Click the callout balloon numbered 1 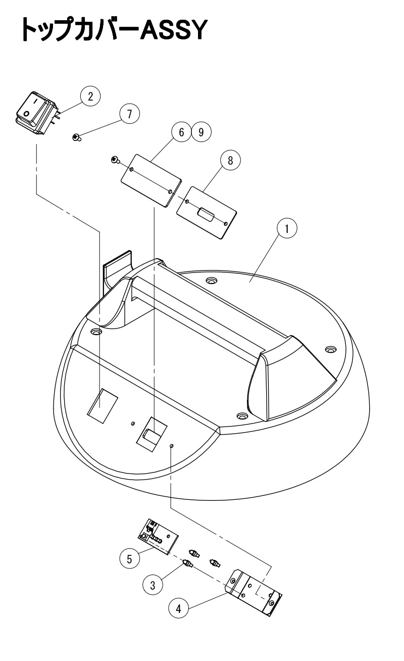(x=287, y=228)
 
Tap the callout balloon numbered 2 (x=90, y=96)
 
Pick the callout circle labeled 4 (x=178, y=609)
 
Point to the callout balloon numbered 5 (x=129, y=559)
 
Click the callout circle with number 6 (x=181, y=132)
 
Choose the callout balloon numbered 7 (x=129, y=114)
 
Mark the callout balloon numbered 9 (x=201, y=132)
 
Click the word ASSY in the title (x=172, y=30)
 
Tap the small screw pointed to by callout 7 (x=77, y=137)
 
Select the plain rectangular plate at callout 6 (x=151, y=180)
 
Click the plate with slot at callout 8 (x=207, y=212)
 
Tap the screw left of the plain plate (x=115, y=160)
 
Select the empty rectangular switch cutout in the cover (x=103, y=406)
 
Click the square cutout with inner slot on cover (x=151, y=434)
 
